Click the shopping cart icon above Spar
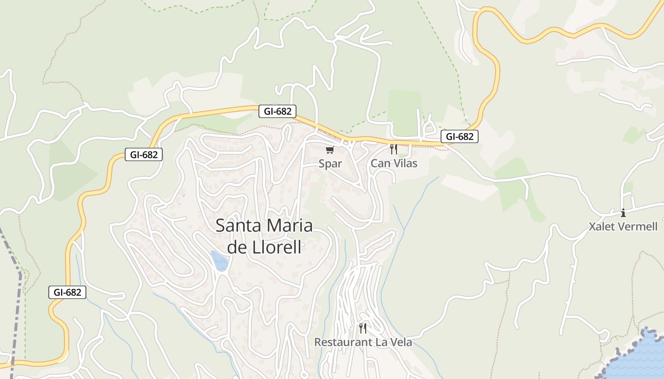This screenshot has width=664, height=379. click(x=330, y=150)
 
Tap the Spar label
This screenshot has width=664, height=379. click(x=330, y=164)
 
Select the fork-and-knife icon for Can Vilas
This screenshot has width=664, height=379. click(x=393, y=149)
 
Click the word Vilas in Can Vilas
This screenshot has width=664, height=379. click(x=404, y=163)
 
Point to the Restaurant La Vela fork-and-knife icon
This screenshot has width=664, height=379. click(x=363, y=328)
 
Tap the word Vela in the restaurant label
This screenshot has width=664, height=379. click(x=401, y=342)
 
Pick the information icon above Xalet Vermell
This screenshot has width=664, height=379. click(x=623, y=213)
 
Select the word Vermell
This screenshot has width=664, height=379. click(x=637, y=226)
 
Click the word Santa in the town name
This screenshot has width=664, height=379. click(x=237, y=226)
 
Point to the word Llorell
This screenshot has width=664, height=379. click(x=279, y=247)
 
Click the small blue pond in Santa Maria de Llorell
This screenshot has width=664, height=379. click(x=220, y=261)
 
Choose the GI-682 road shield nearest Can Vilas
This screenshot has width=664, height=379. click(x=460, y=137)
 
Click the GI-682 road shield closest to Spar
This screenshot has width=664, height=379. click(x=277, y=112)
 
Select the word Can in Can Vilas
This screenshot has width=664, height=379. click(x=379, y=163)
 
